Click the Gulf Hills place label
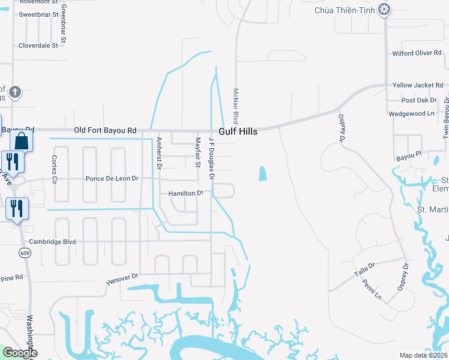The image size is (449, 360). tap(238, 131)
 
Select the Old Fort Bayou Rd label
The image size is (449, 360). tap(105, 130)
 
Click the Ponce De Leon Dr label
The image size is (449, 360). tap(112, 178)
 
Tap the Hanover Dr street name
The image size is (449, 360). tap(122, 279)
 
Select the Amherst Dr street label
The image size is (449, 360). tap(159, 154)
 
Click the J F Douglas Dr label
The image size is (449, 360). tap(211, 157)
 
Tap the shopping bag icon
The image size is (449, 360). tap(21, 142)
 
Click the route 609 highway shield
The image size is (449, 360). tap(25, 253)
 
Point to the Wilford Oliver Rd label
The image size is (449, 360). tap(417, 53)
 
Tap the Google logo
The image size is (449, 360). tap(19, 353)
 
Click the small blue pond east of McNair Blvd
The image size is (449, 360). tap(262, 173)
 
